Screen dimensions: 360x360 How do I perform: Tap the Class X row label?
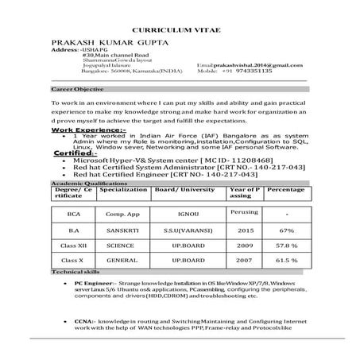tap(75, 260)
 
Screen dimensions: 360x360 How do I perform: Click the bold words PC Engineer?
tap(94, 283)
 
